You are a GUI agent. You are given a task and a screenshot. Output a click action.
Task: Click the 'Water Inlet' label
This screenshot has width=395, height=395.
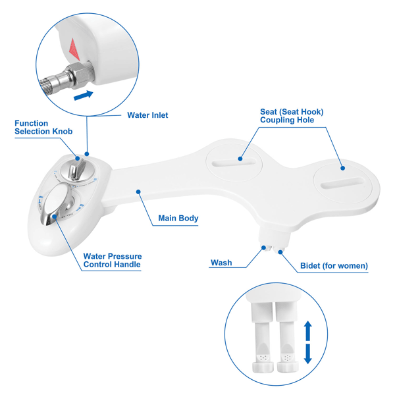pyautogui.click(x=147, y=115)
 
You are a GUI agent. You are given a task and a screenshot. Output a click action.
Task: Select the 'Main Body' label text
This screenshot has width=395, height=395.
pyautogui.click(x=178, y=218)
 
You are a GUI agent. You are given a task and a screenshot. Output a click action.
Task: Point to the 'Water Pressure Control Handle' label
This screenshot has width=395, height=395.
pyautogui.click(x=112, y=260)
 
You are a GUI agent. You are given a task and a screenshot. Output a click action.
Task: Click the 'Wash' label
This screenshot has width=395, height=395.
pyautogui.click(x=221, y=263)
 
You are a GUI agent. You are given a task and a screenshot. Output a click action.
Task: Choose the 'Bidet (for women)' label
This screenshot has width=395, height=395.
pyautogui.click(x=334, y=266)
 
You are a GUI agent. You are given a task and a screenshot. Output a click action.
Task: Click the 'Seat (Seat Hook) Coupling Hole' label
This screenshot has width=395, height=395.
pyautogui.click(x=292, y=116)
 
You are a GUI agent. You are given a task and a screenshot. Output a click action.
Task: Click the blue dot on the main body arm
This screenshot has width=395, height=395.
pyautogui.click(x=139, y=192)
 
